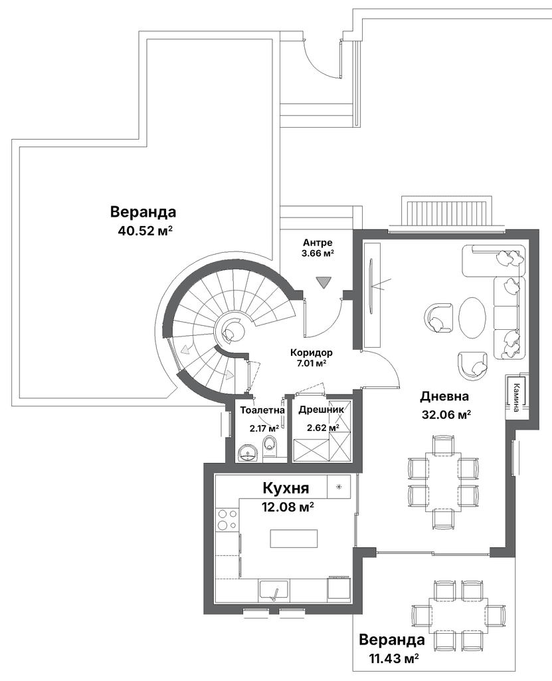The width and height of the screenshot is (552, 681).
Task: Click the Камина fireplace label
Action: click(516, 397)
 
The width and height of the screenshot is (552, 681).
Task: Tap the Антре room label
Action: click(318, 242)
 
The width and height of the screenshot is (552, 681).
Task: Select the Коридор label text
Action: click(312, 352)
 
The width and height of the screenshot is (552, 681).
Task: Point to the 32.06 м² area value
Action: click(446, 414)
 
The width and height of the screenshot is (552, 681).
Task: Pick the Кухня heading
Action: click(286, 487)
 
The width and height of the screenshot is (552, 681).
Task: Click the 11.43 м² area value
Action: click(394, 658)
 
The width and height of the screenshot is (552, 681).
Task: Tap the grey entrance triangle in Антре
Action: click(323, 282)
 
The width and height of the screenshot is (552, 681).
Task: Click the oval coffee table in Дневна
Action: click(472, 317)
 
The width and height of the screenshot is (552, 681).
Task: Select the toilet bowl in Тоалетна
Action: click(270, 448)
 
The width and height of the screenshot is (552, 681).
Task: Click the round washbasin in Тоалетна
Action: click(248, 452)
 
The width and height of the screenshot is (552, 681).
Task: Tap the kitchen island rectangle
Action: click(294, 539)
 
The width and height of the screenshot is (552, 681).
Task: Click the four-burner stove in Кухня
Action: click(227, 519)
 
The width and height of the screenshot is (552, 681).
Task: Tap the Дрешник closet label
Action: click(321, 409)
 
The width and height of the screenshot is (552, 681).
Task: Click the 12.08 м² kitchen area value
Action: click(288, 506)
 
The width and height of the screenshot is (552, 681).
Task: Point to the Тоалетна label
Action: click(262, 410)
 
